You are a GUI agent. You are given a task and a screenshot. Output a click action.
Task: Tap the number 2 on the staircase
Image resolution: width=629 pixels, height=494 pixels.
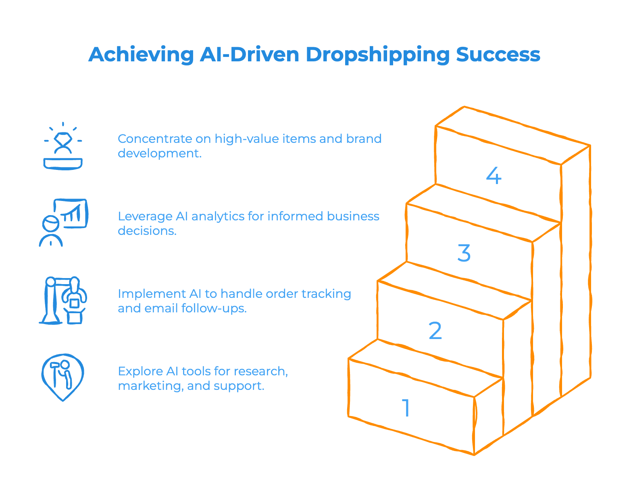click(435, 331)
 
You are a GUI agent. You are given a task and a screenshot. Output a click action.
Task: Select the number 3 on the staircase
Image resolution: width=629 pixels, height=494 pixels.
click(464, 253)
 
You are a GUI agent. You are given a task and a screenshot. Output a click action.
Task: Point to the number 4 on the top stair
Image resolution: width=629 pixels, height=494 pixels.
click(494, 176)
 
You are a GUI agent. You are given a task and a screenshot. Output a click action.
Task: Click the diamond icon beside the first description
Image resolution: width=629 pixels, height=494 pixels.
click(63, 146)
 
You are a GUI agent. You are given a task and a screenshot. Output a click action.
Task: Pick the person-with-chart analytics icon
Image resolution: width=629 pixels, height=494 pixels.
click(63, 222)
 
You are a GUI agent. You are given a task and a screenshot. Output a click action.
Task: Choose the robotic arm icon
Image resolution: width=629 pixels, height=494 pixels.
click(63, 300)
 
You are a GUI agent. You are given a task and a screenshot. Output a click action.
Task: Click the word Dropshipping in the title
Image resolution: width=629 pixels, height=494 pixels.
click(377, 55)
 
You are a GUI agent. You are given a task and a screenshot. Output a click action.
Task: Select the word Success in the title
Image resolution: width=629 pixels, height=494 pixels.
click(498, 54)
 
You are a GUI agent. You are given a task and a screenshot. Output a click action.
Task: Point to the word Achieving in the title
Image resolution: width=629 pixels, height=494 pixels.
click(141, 54)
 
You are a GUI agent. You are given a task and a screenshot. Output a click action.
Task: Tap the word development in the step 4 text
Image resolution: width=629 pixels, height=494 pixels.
click(158, 154)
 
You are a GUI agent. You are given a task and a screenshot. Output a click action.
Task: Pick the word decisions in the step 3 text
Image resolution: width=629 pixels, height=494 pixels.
click(146, 231)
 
